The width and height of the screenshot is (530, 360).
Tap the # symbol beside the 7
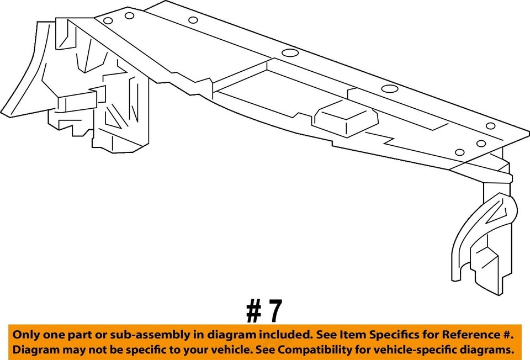[x=253, y=311]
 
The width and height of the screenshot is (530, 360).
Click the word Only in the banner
[x=26, y=335]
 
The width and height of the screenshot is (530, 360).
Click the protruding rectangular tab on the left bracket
[x=76, y=102]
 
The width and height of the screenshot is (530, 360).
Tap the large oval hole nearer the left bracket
[x=290, y=53]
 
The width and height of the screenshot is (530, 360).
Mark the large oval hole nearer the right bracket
[x=389, y=89]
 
